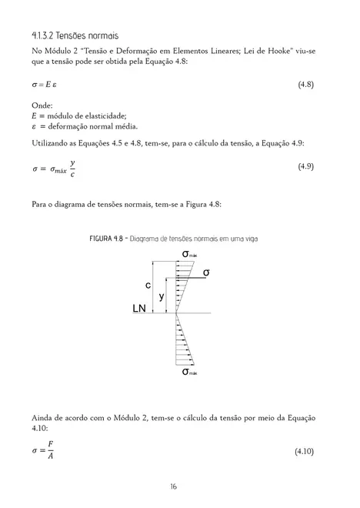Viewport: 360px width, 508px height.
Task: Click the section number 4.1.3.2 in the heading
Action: coord(44,36)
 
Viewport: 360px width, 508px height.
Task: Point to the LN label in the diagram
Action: coord(138,309)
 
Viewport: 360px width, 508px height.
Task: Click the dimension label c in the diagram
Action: coord(148,285)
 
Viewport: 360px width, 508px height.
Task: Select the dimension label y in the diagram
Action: coord(161,296)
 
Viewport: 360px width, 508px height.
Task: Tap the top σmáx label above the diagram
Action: coord(189,255)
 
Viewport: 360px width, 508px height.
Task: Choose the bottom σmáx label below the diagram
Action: coord(189,373)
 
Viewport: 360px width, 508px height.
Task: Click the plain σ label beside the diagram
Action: coord(206,272)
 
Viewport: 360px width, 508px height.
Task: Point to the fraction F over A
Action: coord(50,450)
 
